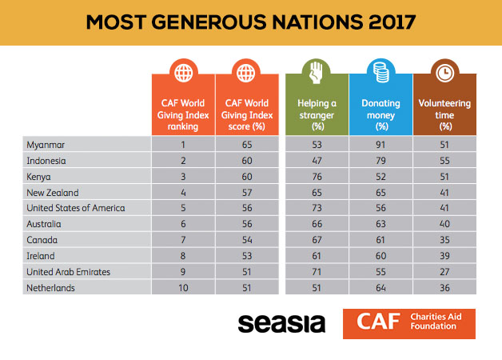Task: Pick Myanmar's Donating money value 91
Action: click(x=381, y=143)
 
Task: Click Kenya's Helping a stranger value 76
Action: click(x=317, y=177)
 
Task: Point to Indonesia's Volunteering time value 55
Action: click(x=444, y=160)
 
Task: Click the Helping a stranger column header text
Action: click(x=317, y=114)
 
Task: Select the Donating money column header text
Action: click(x=381, y=114)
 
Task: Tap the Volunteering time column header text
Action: click(x=444, y=114)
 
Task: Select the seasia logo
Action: click(x=281, y=323)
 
